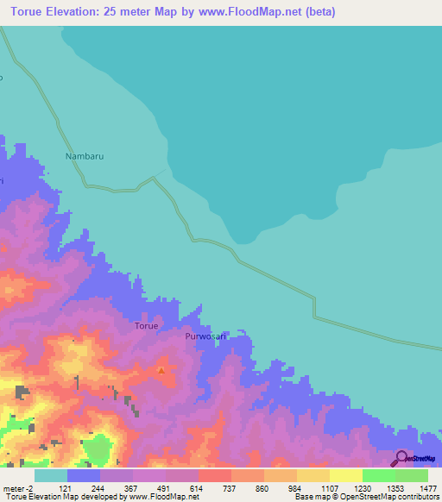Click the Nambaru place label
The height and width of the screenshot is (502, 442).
pyautogui.click(x=85, y=157)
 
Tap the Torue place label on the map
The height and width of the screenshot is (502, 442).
pyautogui.click(x=146, y=326)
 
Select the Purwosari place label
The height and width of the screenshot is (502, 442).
pyautogui.click(x=205, y=337)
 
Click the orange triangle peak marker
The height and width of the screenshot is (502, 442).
pyautogui.click(x=161, y=371)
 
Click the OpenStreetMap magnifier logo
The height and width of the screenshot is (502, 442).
pyautogui.click(x=401, y=458)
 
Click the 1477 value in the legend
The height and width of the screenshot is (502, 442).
pyautogui.click(x=417, y=487)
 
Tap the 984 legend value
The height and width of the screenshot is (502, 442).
pyautogui.click(x=295, y=487)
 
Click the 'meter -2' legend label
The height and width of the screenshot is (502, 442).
pyautogui.click(x=20, y=487)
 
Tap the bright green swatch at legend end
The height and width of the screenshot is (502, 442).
pyautogui.click(x=411, y=475)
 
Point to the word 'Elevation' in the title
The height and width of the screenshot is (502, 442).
pyautogui.click(x=76, y=12)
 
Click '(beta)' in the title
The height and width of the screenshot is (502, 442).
pyautogui.click(x=318, y=12)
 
